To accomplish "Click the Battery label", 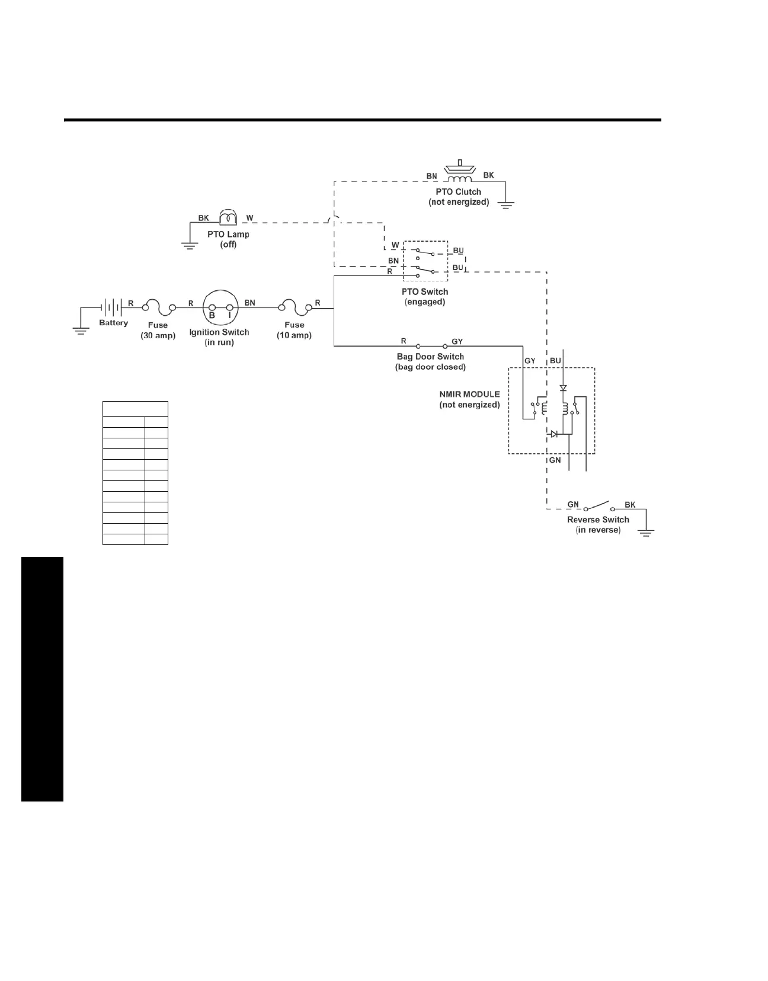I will (x=113, y=323).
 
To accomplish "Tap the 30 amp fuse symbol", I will (x=158, y=307).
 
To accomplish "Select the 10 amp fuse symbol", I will (x=295, y=307).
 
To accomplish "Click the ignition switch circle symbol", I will (x=220, y=307).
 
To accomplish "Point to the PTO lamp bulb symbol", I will (x=228, y=217).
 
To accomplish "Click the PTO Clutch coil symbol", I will (x=459, y=178).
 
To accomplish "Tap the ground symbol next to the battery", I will (x=81, y=329).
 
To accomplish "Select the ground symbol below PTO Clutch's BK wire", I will (x=505, y=205).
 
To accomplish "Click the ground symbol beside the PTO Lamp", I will (x=190, y=245).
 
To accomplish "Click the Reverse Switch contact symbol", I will (x=598, y=506).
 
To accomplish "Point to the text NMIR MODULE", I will (x=469, y=394).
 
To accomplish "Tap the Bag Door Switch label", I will (x=430, y=357).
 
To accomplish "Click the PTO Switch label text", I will (x=425, y=291).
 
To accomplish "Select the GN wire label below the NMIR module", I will (x=555, y=460).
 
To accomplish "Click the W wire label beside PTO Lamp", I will (x=250, y=218).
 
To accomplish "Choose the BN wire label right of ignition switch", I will (x=250, y=303).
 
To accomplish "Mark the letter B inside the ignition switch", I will (x=212, y=315).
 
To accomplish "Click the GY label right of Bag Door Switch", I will (x=457, y=341).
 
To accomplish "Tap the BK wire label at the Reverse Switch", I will (x=630, y=505).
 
